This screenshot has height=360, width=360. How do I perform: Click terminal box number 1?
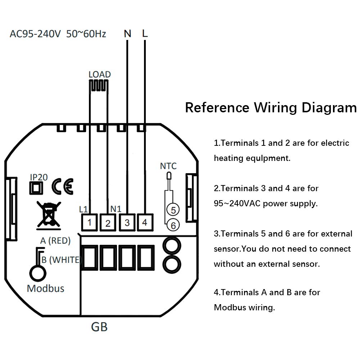pos(90,222)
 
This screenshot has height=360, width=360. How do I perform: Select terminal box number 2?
pos(108,222)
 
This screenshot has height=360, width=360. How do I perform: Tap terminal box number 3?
pos(127,222)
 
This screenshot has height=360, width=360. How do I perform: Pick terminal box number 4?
pos(145,222)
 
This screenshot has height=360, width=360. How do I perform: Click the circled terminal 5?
pos(173,210)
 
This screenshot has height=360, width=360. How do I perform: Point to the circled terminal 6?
pos(173,225)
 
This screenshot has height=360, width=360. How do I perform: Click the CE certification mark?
pos(62,186)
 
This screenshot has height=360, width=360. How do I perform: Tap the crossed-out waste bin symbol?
pos(49,216)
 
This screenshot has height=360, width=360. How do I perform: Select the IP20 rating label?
pos(39,177)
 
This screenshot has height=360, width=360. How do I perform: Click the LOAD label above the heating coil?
pos(100,75)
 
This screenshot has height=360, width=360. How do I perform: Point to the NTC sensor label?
pos(168,166)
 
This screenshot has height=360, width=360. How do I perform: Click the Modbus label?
pos(45,288)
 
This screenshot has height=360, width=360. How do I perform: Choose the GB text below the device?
pos(99,327)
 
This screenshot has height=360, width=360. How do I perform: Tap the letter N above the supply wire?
pos(128,34)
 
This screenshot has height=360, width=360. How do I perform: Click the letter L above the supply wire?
pos(145,33)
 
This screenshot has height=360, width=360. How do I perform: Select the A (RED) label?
pos(55,240)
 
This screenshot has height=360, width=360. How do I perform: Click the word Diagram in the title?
pos(329,107)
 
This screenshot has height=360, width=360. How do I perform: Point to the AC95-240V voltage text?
pos(35,34)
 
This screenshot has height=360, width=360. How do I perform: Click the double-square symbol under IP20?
pos(36,188)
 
